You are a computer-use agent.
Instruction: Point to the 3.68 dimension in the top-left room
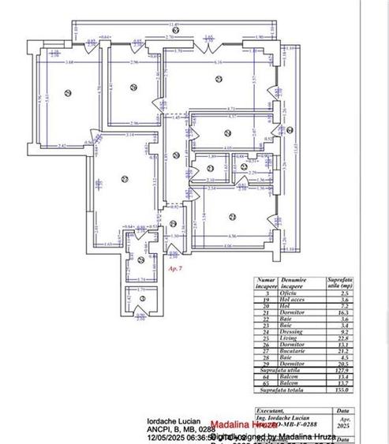pos(69,62)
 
